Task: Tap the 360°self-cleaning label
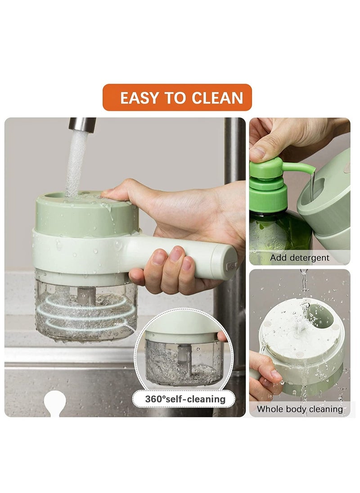tap(185, 399)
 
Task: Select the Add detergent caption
tap(299, 258)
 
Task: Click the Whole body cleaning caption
tap(299, 409)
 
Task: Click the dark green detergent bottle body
tap(277, 234)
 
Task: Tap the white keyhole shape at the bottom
tap(56, 403)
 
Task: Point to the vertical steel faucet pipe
tap(234, 148)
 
